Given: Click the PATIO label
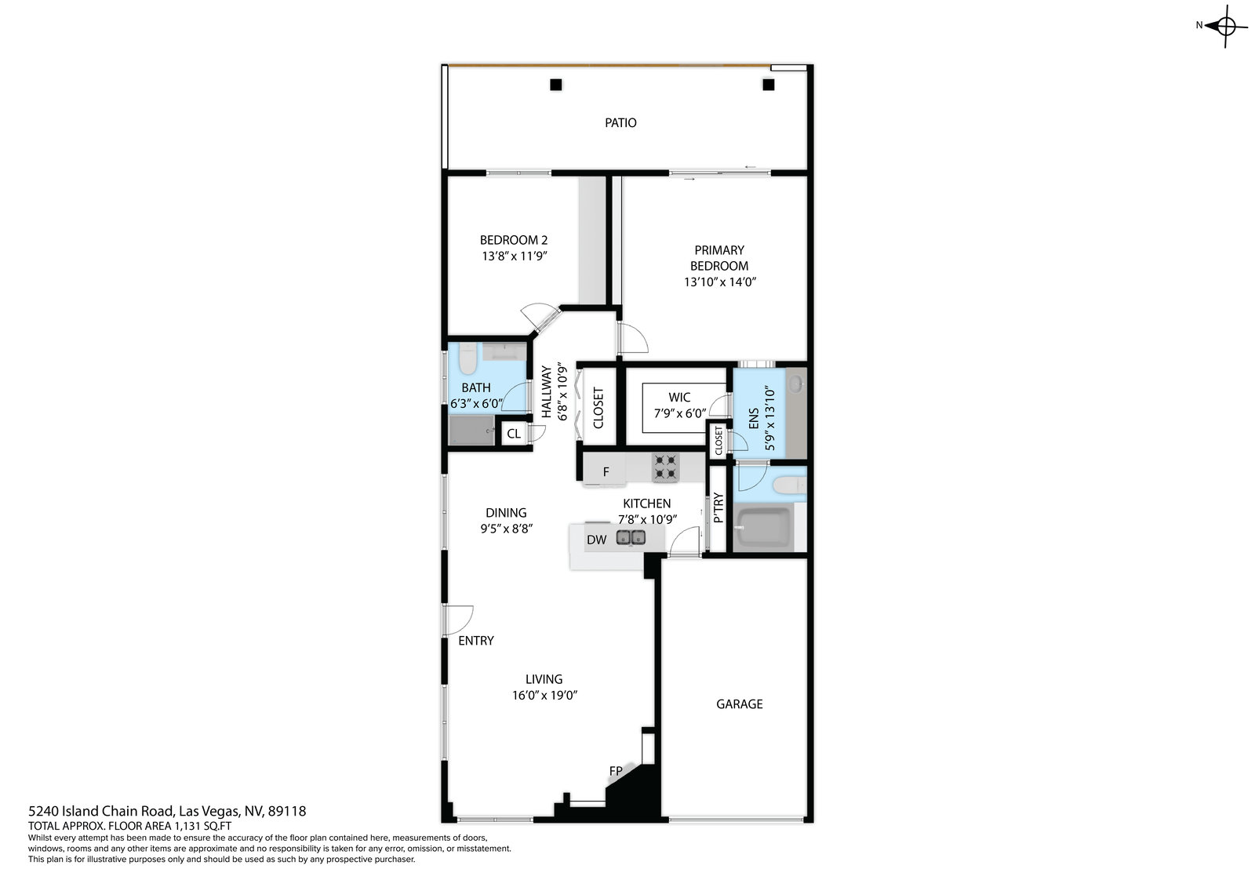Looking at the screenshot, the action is click(620, 122).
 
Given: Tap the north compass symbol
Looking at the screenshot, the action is click(1220, 26).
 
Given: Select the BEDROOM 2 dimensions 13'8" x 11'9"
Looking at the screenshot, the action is click(515, 256).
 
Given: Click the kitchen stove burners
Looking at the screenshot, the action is click(666, 467).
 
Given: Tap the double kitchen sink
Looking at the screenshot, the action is click(631, 538).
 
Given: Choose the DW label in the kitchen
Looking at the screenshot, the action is click(597, 540).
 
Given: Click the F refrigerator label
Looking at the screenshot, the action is click(606, 472).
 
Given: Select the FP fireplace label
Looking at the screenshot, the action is click(616, 771).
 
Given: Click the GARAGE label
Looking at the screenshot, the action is click(739, 703).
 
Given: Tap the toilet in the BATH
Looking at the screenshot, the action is click(467, 358).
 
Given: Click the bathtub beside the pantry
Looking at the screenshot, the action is click(762, 527).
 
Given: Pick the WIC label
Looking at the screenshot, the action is click(679, 398).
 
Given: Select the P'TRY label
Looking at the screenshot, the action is click(718, 507).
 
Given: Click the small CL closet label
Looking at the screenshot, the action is click(514, 434).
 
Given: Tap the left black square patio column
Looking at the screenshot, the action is click(556, 85).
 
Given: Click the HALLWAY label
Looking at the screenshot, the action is click(546, 391).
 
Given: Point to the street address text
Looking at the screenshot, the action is click(167, 811).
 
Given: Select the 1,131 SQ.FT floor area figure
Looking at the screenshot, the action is click(203, 826).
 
